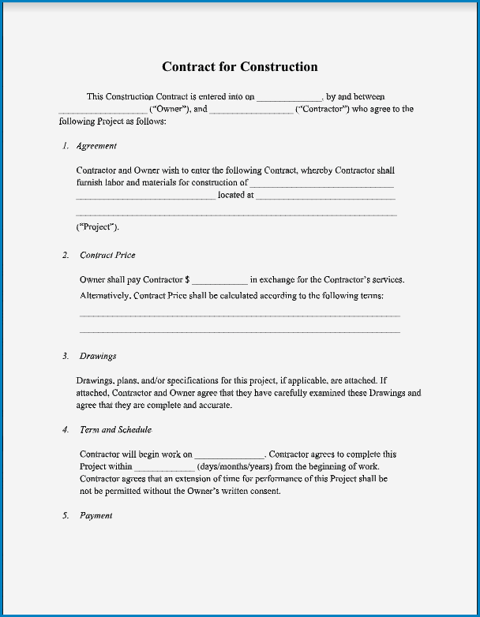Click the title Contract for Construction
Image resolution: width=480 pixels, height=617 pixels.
(x=239, y=67)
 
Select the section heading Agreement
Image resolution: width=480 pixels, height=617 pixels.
(x=96, y=146)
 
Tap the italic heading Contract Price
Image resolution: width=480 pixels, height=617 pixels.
(x=107, y=256)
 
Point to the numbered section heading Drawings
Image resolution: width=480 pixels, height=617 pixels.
(x=96, y=357)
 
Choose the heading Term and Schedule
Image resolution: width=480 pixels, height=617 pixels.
(x=115, y=430)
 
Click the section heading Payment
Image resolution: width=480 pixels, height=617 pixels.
(x=96, y=516)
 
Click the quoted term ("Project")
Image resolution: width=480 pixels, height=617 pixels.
(x=97, y=227)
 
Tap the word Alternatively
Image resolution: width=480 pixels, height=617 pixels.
(x=104, y=296)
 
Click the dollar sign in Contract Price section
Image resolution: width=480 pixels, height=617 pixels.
(x=187, y=280)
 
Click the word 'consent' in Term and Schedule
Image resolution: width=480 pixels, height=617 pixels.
(x=264, y=491)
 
